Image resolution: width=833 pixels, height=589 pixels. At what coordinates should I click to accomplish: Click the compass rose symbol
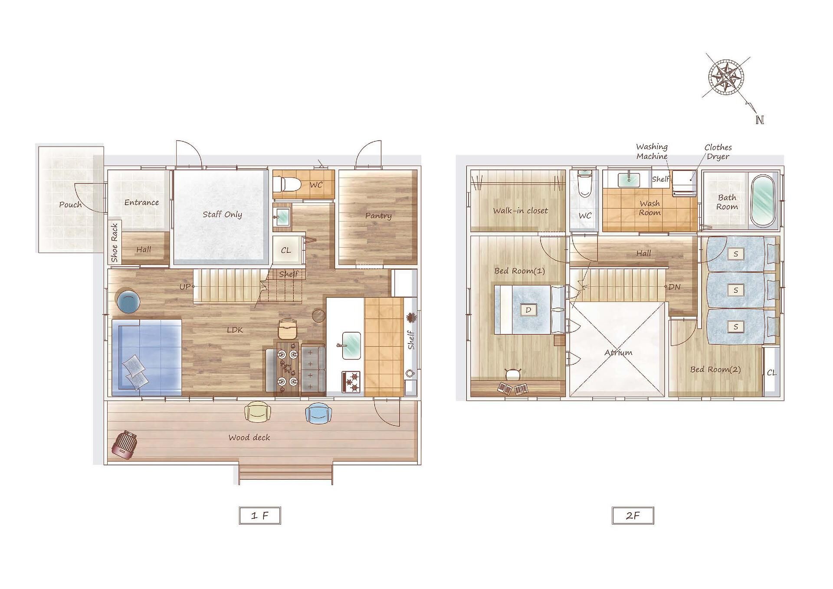(726, 78)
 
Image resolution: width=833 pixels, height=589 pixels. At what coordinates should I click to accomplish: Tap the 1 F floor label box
(260, 516)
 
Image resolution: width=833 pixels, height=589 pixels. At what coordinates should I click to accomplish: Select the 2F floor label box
(633, 516)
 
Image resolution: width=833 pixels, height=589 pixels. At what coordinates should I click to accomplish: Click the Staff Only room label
(222, 214)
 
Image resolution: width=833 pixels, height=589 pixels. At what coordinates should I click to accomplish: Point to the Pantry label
(378, 216)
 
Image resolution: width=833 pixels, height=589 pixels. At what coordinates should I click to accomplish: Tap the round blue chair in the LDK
(128, 301)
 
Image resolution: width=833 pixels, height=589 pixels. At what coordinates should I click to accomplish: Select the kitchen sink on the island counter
(351, 346)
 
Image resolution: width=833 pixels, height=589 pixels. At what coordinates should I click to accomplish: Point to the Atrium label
(618, 353)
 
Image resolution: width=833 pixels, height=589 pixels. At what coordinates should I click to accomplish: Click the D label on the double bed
(528, 310)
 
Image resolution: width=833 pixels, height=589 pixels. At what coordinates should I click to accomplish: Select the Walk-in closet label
(520, 211)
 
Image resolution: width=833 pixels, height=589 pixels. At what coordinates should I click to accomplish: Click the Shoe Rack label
(114, 242)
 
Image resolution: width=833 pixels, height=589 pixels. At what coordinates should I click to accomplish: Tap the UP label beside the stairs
(185, 287)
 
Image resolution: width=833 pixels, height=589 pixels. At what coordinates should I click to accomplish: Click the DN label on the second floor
(675, 287)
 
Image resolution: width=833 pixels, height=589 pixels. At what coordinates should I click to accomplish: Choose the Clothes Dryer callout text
(718, 152)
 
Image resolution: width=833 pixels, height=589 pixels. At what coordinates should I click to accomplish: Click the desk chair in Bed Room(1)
(513, 373)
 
